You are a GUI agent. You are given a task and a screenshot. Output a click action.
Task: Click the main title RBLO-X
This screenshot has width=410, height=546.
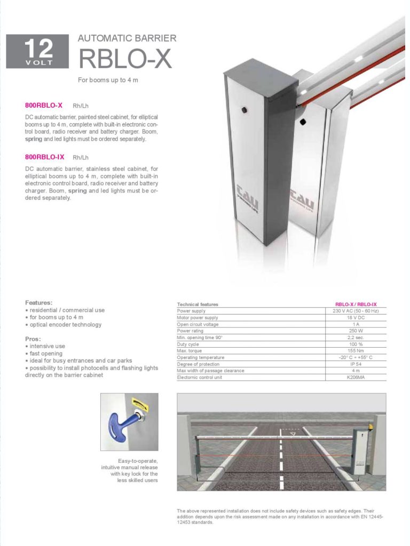(x=125, y=58)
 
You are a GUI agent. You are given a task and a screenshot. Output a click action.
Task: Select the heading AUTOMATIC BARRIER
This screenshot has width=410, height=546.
(x=127, y=38)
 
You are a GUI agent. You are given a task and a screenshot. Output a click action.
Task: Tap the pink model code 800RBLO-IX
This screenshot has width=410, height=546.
(x=45, y=157)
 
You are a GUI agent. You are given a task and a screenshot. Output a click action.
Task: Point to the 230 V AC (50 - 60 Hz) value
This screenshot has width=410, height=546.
(x=356, y=311)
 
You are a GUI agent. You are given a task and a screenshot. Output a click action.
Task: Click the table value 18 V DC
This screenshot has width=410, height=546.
(x=356, y=318)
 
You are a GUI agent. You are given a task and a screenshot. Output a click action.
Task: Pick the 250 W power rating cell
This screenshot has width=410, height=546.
(x=356, y=331)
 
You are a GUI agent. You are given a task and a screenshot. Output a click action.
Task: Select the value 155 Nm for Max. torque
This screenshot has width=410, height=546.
(x=356, y=351)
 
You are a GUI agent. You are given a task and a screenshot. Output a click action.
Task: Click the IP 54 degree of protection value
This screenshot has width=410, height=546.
(x=356, y=364)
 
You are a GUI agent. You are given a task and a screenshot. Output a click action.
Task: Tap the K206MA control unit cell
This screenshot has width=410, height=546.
(x=356, y=378)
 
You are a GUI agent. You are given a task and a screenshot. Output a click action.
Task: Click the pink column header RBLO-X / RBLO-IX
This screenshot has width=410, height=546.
(x=356, y=304)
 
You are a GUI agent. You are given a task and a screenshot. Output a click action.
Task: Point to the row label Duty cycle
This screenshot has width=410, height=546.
(x=188, y=344)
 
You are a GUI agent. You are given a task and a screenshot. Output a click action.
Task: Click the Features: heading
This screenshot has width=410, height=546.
(x=38, y=302)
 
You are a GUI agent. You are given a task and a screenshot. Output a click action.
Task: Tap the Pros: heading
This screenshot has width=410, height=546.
(x=33, y=339)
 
